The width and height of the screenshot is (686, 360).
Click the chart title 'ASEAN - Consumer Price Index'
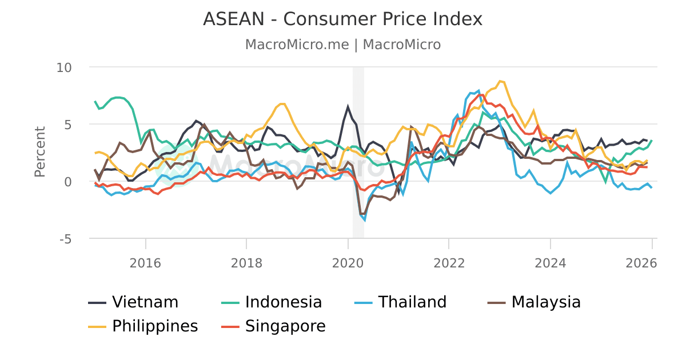click(x=342, y=19)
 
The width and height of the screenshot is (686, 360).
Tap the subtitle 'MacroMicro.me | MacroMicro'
click(x=342, y=45)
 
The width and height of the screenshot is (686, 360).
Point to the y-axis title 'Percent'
click(x=39, y=151)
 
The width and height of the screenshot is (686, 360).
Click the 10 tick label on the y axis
click(x=64, y=67)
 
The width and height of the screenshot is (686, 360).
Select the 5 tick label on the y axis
click(x=67, y=125)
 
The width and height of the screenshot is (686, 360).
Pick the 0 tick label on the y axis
click(x=67, y=182)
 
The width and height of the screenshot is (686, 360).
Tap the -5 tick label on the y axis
click(x=65, y=239)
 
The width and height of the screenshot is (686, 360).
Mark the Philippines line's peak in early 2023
click(x=500, y=81)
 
